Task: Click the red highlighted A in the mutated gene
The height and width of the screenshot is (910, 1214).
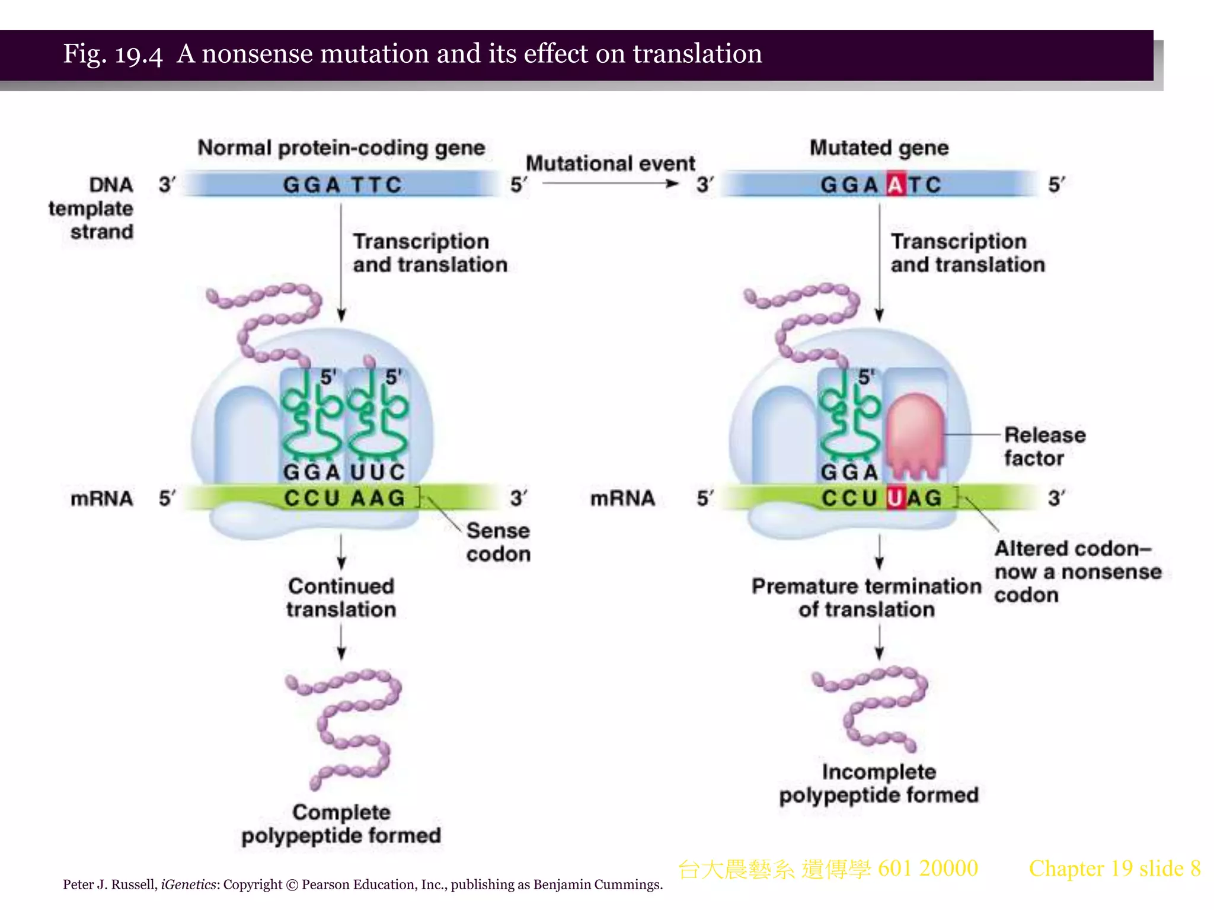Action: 896,185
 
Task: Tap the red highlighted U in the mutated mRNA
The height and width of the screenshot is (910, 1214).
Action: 896,498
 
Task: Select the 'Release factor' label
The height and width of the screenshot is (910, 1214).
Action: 1044,447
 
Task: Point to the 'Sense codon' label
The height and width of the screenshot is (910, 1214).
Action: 498,542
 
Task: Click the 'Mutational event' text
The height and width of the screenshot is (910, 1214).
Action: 610,163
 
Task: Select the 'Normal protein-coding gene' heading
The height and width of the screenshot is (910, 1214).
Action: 341,148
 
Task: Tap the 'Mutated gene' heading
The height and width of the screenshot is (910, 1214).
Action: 879,148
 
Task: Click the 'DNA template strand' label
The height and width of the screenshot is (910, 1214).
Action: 92,208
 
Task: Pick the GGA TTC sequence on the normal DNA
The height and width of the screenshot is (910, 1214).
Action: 342,185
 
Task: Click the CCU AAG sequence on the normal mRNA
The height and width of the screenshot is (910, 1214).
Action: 344,498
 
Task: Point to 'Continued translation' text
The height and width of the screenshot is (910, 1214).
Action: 341,597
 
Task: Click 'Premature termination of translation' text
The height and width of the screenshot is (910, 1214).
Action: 867,597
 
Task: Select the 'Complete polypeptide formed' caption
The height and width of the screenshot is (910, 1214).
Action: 341,824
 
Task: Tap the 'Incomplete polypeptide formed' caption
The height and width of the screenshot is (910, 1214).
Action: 878,783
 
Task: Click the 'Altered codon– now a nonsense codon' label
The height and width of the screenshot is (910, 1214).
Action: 1077,572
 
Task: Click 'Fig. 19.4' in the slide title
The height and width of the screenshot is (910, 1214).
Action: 113,54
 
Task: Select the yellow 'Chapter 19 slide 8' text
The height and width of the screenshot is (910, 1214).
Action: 1114,869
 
